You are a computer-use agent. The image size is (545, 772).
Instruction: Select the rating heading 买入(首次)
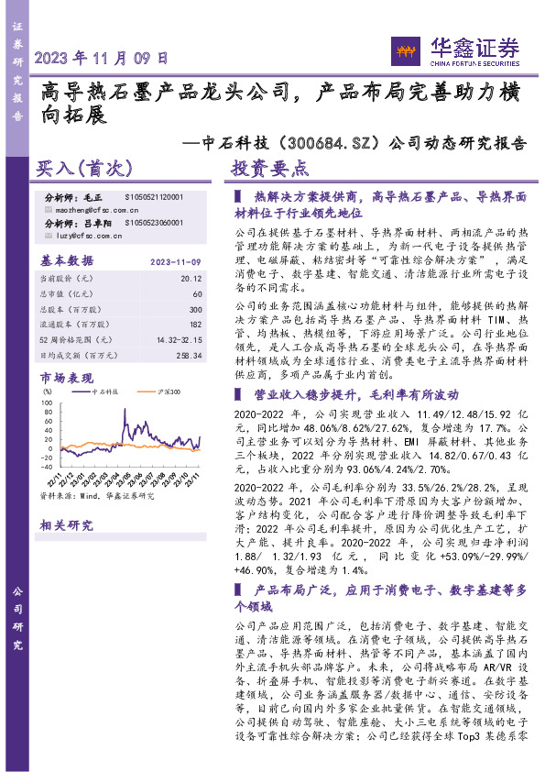(85, 170)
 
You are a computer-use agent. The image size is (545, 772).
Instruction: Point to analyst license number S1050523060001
(153, 223)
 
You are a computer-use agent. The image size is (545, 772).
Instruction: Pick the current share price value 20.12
(190, 276)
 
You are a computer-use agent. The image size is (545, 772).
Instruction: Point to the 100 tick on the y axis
(47, 401)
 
